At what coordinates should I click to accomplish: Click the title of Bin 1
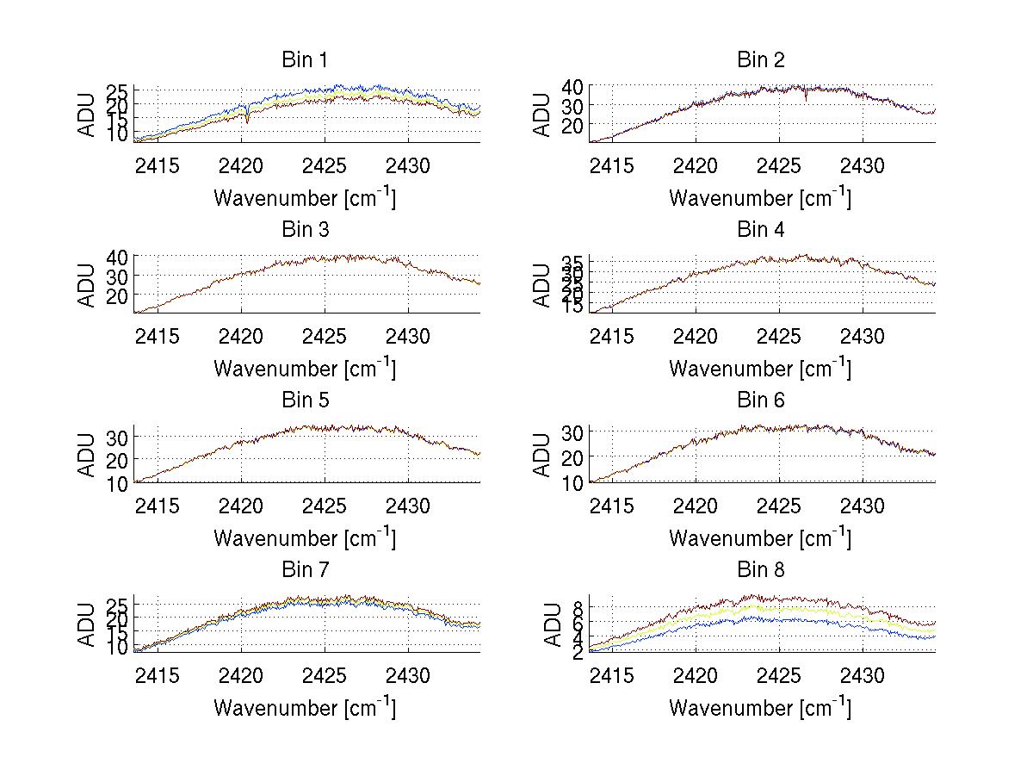304,59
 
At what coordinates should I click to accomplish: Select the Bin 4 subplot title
761,230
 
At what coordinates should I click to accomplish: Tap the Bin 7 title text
304,569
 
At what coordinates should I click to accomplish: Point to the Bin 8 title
761,569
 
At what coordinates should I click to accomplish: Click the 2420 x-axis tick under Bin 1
241,165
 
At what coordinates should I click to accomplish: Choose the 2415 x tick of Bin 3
158,335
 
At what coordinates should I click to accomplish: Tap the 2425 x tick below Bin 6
779,505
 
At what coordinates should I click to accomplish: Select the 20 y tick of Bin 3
118,295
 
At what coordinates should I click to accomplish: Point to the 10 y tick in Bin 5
118,482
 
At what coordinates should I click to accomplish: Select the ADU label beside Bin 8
543,624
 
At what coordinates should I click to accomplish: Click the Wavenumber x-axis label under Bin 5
304,538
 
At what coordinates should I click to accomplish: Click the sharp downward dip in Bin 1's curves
247,121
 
